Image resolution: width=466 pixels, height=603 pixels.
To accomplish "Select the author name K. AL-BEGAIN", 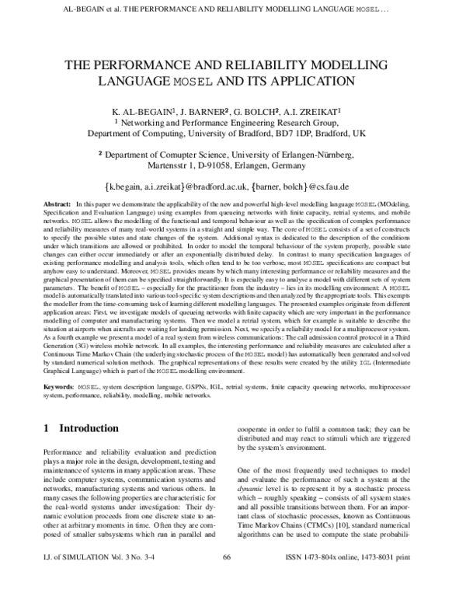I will click(142, 112).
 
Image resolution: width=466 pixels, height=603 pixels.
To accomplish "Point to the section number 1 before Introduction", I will click(47, 428).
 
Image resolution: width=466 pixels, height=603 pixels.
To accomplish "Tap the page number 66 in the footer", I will click(228, 580).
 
